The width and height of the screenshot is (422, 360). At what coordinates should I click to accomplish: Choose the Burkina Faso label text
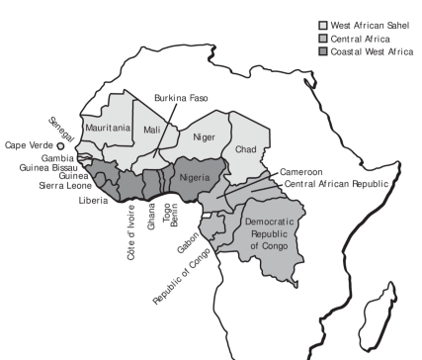tap(184, 100)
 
